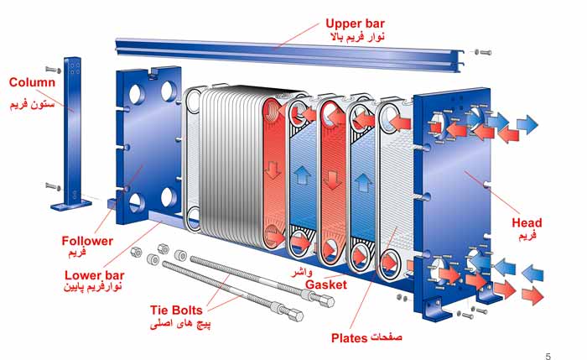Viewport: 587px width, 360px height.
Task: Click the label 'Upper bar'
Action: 355,23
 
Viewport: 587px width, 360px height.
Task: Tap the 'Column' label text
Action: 32,82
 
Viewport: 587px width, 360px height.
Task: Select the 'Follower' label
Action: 87,241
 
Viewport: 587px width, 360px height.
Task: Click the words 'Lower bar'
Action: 94,275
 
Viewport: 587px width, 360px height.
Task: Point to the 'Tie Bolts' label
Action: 176,310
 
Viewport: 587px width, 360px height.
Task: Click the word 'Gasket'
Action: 326,284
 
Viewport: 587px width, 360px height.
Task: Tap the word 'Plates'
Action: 350,338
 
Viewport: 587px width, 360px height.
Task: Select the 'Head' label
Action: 527,223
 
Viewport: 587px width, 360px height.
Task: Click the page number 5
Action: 548,357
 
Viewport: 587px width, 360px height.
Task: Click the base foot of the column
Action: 70,205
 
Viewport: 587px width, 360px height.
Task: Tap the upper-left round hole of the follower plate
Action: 136,94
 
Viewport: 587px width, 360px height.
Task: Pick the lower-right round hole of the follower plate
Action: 169,197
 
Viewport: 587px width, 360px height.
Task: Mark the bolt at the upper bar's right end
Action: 483,52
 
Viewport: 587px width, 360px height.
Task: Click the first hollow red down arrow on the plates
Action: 273,170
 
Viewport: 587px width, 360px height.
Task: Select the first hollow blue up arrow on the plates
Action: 302,175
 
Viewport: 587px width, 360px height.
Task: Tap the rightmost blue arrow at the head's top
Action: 527,124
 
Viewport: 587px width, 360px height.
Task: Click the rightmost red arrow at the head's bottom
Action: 532,296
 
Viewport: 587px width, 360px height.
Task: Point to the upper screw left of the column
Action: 54,70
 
